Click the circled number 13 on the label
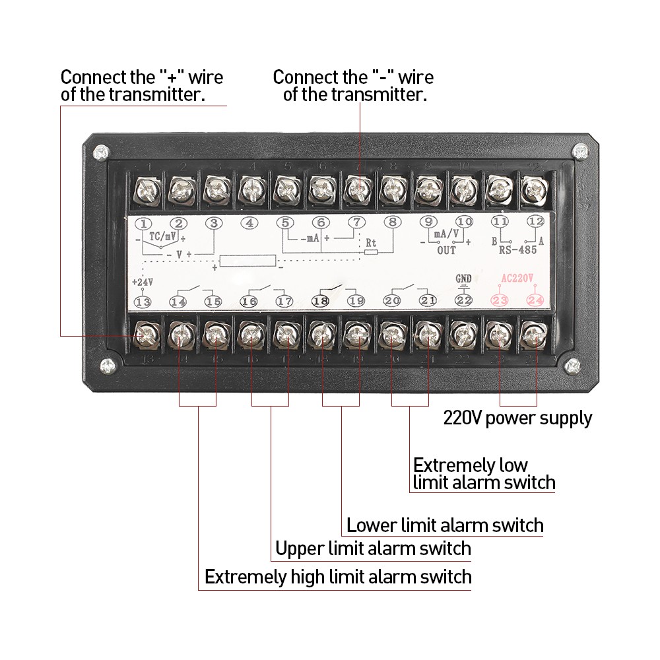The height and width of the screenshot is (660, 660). [143, 302]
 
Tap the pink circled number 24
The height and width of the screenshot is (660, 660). [534, 301]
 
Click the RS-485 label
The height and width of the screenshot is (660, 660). [518, 249]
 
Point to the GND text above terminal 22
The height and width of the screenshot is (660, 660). [464, 279]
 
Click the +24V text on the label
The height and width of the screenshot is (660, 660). [142, 282]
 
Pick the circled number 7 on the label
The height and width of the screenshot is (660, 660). [356, 223]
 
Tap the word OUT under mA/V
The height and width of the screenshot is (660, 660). [446, 251]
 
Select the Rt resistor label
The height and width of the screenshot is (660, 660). [371, 242]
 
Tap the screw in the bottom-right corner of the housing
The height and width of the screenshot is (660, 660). [572, 364]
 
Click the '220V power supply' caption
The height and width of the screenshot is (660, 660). [517, 418]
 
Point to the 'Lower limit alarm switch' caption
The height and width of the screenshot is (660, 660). [445, 525]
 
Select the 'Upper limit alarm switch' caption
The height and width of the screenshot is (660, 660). [373, 548]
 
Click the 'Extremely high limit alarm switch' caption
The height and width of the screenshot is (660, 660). [338, 577]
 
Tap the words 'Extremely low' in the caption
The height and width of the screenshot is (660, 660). [470, 465]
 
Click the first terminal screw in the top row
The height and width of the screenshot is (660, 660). [145, 191]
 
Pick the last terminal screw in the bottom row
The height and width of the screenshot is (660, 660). [531, 337]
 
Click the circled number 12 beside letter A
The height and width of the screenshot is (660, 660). [535, 222]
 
